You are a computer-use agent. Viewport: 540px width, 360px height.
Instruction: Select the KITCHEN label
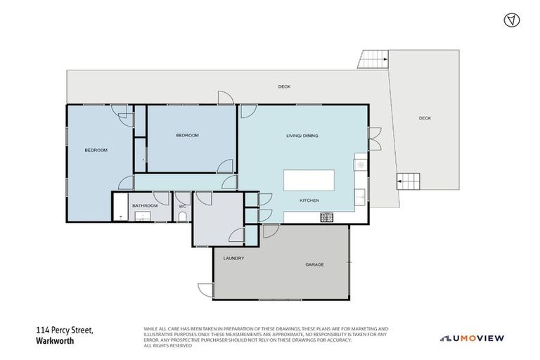coord(309,200)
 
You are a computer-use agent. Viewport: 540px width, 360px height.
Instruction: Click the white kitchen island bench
coord(309,180)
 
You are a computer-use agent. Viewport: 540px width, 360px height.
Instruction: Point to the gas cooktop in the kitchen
coord(326,217)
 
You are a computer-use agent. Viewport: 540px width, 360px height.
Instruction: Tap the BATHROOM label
coord(146,206)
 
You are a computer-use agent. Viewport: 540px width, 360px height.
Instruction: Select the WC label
coord(182,206)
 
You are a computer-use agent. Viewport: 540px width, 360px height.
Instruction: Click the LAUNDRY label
coord(233,258)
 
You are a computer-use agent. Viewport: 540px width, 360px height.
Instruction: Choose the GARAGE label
coord(314,265)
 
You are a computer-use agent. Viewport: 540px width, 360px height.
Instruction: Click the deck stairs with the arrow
coord(409,182)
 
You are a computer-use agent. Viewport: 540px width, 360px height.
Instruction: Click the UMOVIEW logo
coord(472,338)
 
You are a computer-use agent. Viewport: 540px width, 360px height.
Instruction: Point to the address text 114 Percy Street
coord(64,330)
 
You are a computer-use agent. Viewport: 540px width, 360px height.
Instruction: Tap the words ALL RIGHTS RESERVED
coord(167,345)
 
